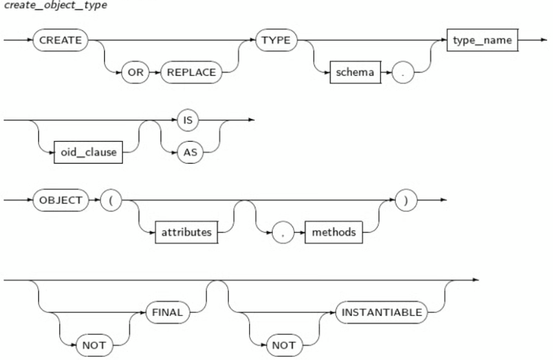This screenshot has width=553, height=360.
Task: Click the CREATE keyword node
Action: click(60, 40)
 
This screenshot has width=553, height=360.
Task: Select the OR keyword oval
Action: click(135, 72)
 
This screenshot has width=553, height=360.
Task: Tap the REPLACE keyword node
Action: click(191, 72)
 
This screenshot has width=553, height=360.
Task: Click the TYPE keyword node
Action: click(276, 40)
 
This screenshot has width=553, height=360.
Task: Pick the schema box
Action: click(355, 72)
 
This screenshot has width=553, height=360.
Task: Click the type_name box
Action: click(482, 40)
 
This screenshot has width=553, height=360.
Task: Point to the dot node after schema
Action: click(403, 72)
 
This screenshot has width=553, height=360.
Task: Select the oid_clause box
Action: click(88, 153)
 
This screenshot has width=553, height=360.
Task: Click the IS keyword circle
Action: click(188, 120)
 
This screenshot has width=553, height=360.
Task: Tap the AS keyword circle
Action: click(190, 153)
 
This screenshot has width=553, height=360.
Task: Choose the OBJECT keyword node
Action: click(61, 200)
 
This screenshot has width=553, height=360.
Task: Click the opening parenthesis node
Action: click(111, 200)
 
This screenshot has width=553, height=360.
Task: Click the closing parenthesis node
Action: click(406, 200)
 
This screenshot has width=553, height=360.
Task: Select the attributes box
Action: click(186, 233)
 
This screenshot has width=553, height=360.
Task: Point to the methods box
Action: click(334, 233)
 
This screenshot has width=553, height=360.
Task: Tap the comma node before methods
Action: click(283, 233)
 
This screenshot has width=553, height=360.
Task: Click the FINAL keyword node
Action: click(168, 312)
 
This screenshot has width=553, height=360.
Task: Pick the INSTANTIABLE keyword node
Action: click(382, 312)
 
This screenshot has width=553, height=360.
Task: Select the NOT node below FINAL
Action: click(94, 345)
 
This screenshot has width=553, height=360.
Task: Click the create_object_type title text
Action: click(55, 5)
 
